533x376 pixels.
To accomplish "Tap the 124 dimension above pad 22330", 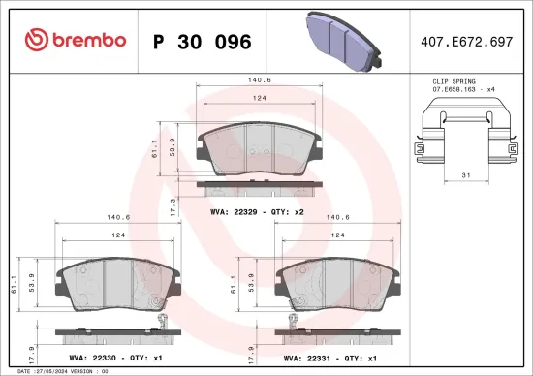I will (117, 235).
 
